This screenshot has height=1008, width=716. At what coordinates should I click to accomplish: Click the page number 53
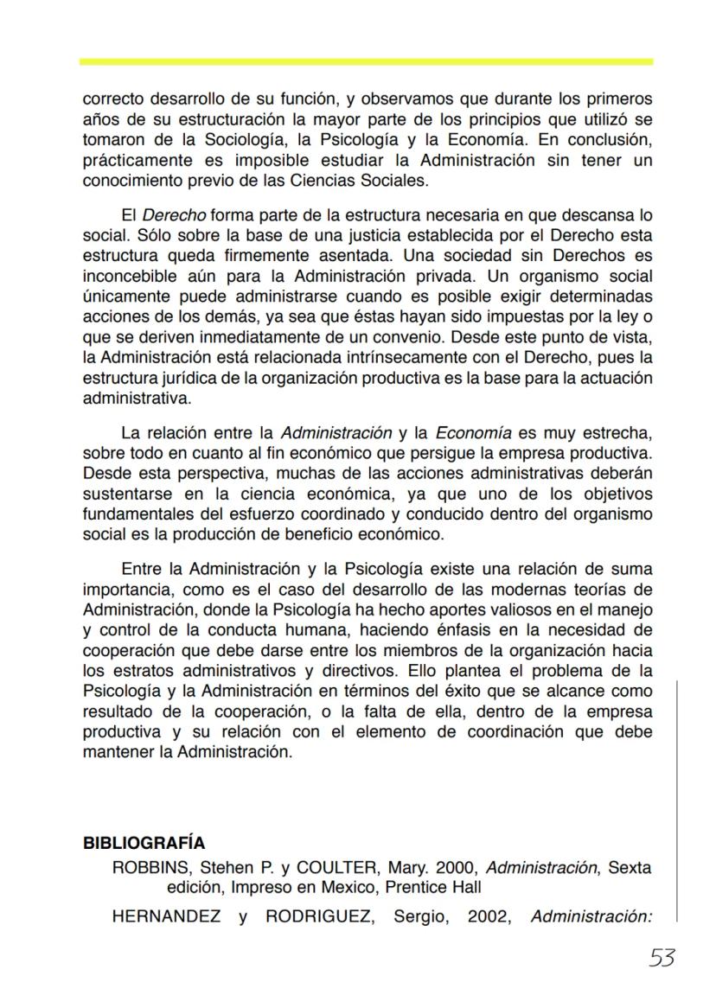pyautogui.click(x=662, y=958)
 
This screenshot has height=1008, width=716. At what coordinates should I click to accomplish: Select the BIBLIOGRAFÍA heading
pyautogui.click(x=144, y=844)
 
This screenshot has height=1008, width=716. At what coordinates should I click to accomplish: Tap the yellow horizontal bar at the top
pyautogui.click(x=366, y=62)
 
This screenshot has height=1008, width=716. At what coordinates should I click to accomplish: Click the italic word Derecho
pyautogui.click(x=173, y=215)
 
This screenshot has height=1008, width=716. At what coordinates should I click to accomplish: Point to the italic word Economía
pyautogui.click(x=473, y=432)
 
